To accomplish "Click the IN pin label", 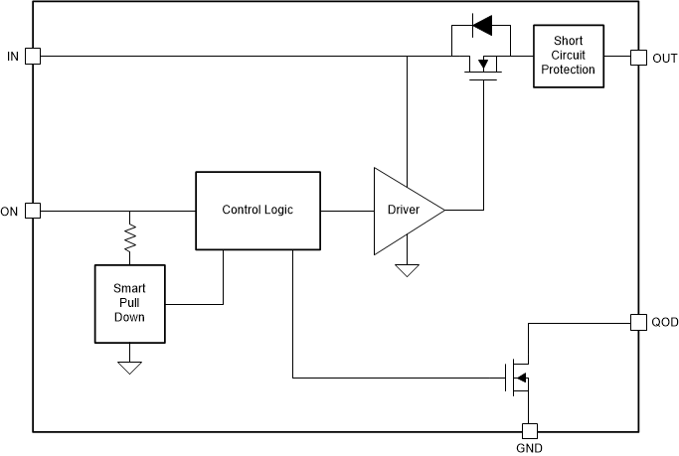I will pos(12,56).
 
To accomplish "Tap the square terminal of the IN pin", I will pos(32,57).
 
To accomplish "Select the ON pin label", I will pos(10,211).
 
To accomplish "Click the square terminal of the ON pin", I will pos(32,211).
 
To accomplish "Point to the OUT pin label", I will pos(664,58).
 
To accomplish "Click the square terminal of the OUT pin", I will pos(637,57).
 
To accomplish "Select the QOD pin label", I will pos(664,322).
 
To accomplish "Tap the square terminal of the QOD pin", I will pos(637,322).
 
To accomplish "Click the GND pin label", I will pos(530,449).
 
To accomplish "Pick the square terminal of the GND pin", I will pos(530,431).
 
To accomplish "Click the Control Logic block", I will pos(257,211).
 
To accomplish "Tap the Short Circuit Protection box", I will pos(568,57).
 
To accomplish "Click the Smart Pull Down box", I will pos(129,302).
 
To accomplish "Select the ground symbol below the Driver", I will pos(407,270).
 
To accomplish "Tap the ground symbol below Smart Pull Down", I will pos(130,367).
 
